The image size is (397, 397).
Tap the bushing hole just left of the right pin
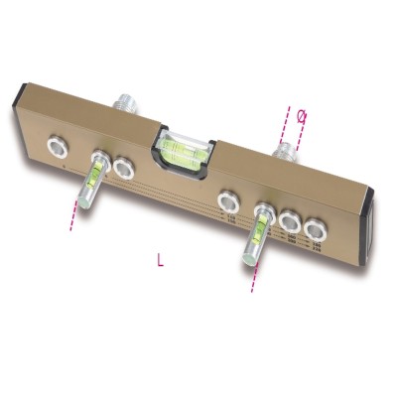[228, 202]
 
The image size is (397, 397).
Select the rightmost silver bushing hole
[315, 230]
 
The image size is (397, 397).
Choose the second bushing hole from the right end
[290, 221]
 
